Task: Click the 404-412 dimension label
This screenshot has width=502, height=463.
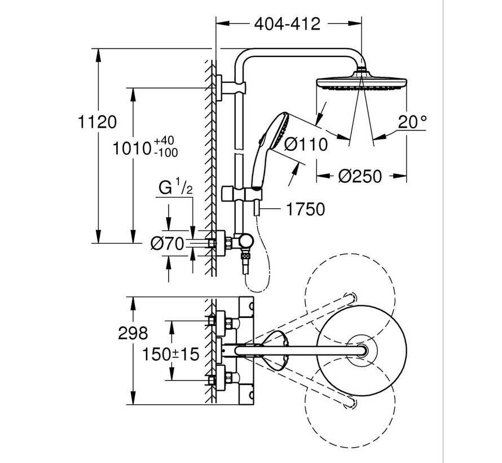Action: (287, 24)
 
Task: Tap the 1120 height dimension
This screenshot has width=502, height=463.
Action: (99, 121)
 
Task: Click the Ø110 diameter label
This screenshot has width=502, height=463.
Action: (306, 145)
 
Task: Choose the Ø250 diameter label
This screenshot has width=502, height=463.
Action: (361, 176)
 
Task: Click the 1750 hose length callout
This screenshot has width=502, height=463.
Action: (305, 209)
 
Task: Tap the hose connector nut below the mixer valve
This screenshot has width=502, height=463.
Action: (246, 261)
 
